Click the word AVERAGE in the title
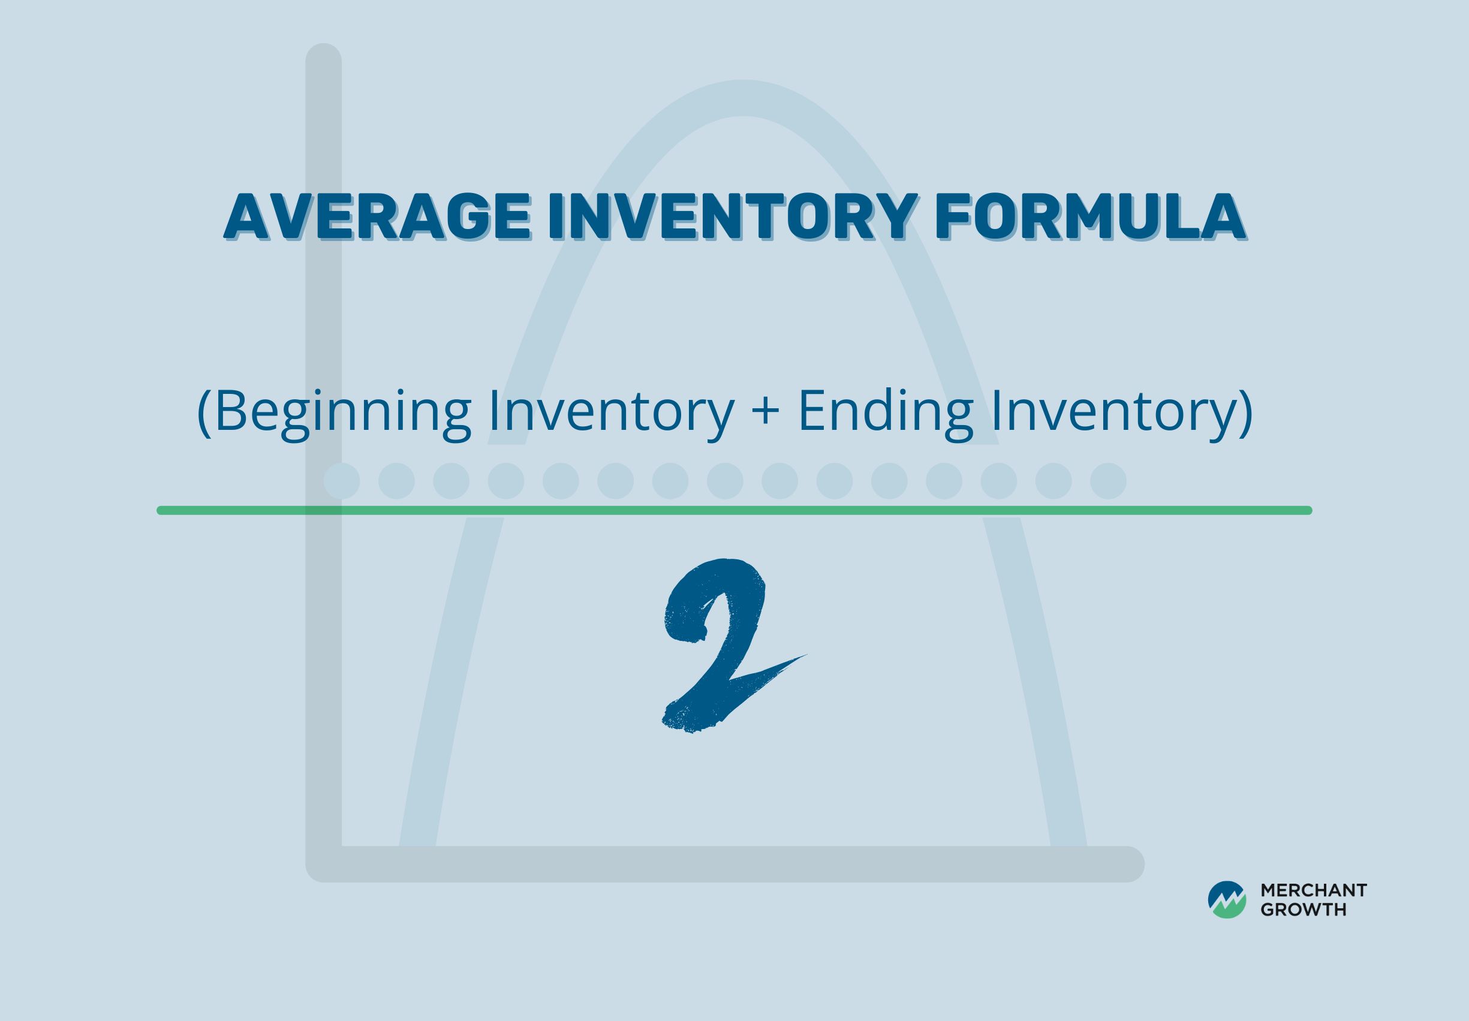378,216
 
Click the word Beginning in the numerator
343,412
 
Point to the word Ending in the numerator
886,412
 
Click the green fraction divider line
734,510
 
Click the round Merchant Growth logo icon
1227,900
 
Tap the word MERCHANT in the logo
1314,890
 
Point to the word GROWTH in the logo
1304,910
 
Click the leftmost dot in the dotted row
342,480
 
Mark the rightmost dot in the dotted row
1108,480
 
